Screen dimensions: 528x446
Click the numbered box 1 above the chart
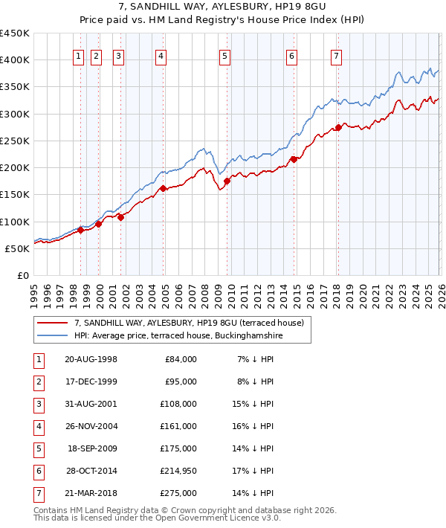(x=78, y=55)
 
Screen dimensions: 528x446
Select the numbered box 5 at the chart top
(x=224, y=55)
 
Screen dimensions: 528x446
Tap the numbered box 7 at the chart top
(x=337, y=55)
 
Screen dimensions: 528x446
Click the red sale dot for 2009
(x=227, y=181)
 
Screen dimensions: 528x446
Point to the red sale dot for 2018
(x=338, y=127)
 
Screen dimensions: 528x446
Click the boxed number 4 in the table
(x=36, y=427)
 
